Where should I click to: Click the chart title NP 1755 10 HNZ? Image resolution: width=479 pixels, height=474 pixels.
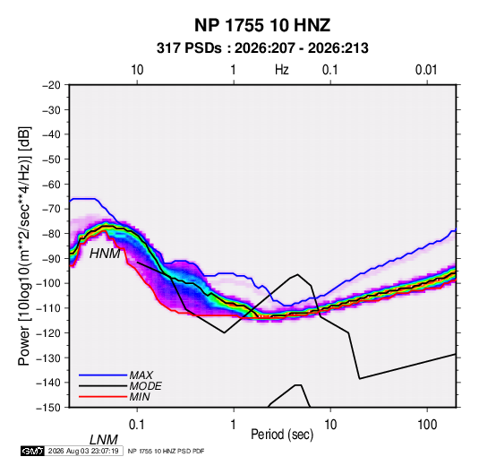pyautogui.click(x=262, y=25)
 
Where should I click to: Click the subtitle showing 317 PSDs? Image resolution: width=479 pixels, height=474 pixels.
pyautogui.click(x=262, y=48)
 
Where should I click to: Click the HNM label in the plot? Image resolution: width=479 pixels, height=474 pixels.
pyautogui.click(x=105, y=254)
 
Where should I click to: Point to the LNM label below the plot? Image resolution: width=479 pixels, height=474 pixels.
pyautogui.click(x=104, y=440)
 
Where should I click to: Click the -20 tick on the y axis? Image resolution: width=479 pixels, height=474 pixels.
pyautogui.click(x=51, y=85)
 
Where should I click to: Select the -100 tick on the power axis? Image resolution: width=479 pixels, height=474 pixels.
pyautogui.click(x=48, y=283)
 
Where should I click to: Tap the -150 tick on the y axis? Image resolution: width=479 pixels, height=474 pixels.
pyautogui.click(x=48, y=408)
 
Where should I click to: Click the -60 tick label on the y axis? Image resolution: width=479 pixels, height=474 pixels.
pyautogui.click(x=51, y=184)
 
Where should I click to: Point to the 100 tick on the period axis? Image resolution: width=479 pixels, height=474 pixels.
pyautogui.click(x=427, y=425)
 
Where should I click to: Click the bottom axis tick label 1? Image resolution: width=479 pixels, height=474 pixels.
pyautogui.click(x=234, y=425)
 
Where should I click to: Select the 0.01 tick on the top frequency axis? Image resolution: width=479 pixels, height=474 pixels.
pyautogui.click(x=426, y=70)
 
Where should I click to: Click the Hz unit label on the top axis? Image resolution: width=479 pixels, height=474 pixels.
pyautogui.click(x=282, y=70)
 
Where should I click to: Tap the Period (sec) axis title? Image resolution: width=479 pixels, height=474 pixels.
pyautogui.click(x=282, y=435)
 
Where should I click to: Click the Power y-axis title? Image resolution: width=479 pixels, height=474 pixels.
pyautogui.click(x=24, y=246)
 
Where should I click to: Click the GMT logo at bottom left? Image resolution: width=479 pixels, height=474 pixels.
pyautogui.click(x=33, y=451)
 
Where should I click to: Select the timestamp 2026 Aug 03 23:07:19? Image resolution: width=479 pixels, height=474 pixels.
pyautogui.click(x=83, y=451)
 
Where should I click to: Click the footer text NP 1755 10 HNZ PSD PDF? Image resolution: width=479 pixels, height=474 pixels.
pyautogui.click(x=166, y=451)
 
